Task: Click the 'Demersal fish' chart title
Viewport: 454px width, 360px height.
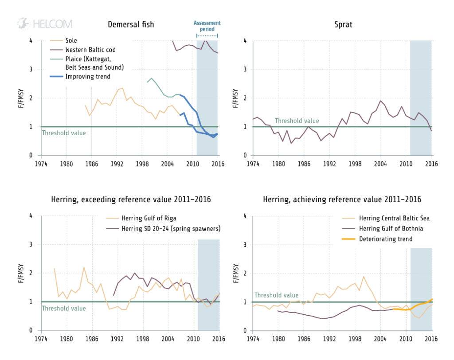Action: [x=131, y=24]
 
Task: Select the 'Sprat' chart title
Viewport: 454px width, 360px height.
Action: [x=343, y=24]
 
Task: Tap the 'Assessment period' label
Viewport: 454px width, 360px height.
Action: [x=207, y=26]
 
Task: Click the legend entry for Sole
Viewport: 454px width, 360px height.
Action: [x=71, y=40]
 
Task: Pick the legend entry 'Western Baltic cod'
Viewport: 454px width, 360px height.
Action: [x=90, y=50]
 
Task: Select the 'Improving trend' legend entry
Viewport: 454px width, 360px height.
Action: [x=88, y=76]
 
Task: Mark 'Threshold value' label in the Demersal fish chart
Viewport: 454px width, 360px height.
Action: [x=64, y=133]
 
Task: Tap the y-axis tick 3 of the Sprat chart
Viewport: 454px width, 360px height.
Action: [x=245, y=70]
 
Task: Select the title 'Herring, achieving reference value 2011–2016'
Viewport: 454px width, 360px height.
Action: [x=342, y=200]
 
